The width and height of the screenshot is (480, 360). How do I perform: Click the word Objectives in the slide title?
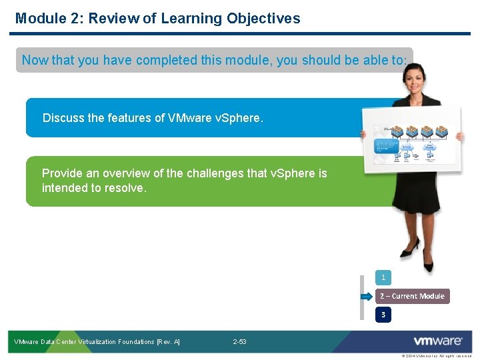(x=263, y=19)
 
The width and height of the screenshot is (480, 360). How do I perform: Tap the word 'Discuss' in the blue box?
(x=63, y=118)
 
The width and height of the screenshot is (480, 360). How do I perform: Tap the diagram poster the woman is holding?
(x=411, y=141)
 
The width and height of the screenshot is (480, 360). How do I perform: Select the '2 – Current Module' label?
(x=412, y=296)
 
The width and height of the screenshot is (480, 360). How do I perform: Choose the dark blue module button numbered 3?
(x=383, y=314)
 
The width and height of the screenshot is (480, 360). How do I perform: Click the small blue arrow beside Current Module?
(x=366, y=296)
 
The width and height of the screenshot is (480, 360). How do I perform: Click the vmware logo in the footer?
(x=437, y=341)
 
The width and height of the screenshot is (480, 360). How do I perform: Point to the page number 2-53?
(x=239, y=342)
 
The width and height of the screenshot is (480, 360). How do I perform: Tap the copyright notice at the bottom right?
(x=436, y=357)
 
